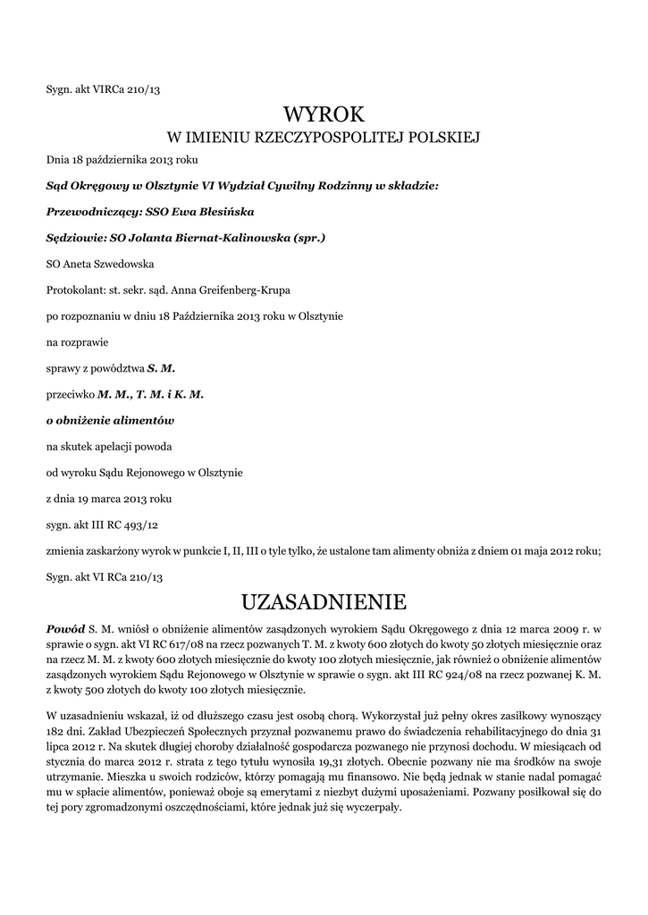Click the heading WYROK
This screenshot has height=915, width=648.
pos(324,113)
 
